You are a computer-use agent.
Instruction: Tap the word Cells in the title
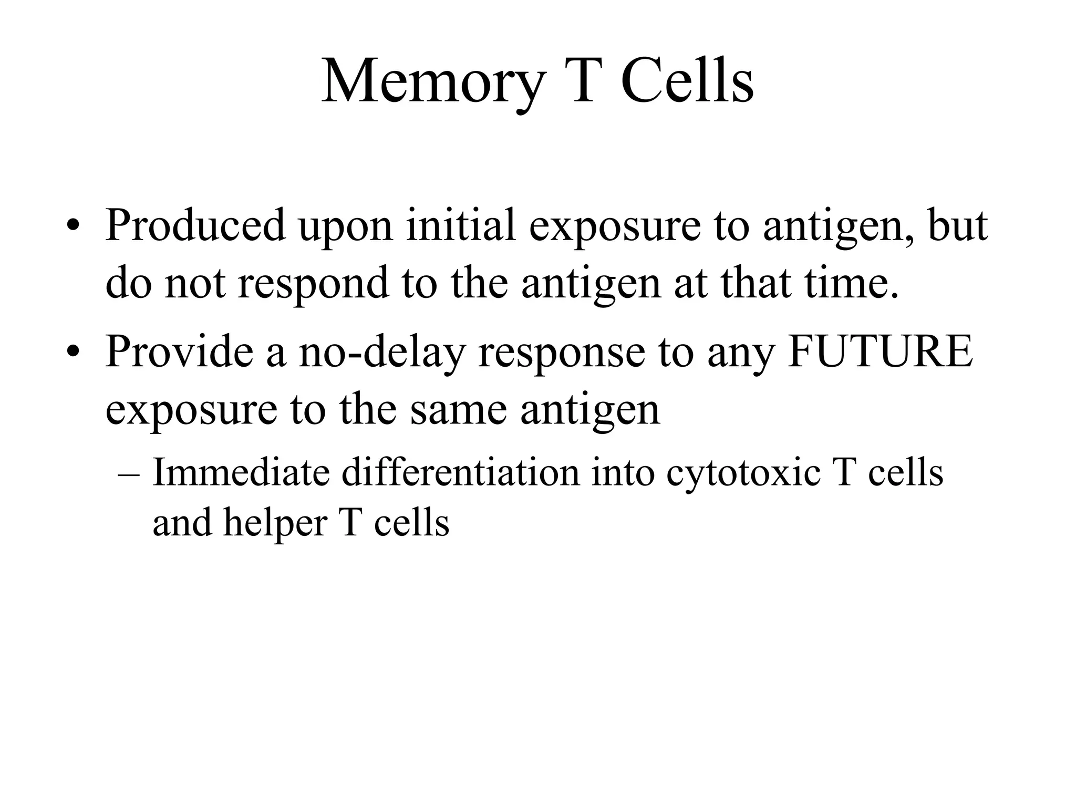[x=687, y=81]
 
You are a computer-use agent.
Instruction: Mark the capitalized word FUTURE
[x=880, y=351]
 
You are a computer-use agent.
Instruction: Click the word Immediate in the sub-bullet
[x=241, y=472]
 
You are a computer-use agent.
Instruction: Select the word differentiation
[x=460, y=472]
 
